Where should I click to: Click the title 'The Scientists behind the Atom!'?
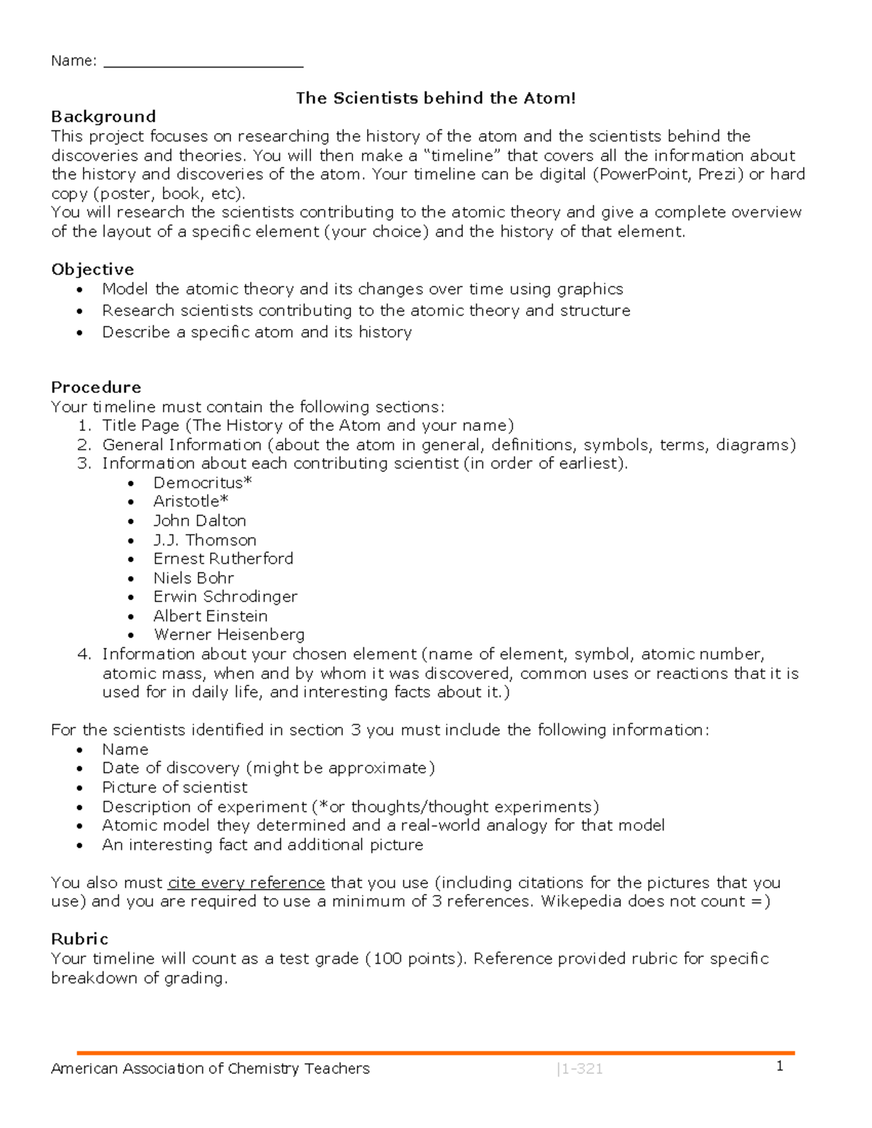coord(435,98)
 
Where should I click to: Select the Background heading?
coord(103,117)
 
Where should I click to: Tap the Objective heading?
coord(92,269)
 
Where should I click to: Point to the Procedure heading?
coord(96,387)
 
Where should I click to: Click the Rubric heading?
coord(79,939)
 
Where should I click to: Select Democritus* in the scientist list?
coord(203,482)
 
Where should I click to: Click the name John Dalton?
coord(200,521)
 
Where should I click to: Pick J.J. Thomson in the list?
coord(205,540)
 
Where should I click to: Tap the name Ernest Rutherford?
coord(223,559)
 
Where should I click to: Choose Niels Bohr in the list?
coord(193,578)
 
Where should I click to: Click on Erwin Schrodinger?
coord(225,596)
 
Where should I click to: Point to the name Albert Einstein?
coord(210,616)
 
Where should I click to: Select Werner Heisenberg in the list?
coord(229,635)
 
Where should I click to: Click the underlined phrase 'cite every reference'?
coord(246,882)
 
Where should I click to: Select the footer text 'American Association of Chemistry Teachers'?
coord(210,1068)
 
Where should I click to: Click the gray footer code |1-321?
coord(579,1069)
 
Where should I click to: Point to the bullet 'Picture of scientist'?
coord(174,787)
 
